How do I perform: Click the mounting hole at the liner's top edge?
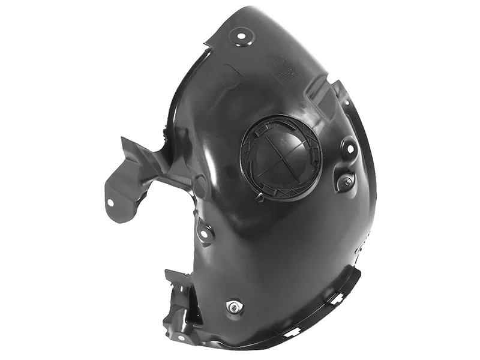[242, 37]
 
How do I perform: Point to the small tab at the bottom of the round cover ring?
[259, 196]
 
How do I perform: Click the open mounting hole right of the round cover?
[348, 147]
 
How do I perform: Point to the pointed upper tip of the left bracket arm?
[124, 140]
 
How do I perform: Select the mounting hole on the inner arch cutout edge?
[205, 232]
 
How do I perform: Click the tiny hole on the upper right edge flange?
[347, 102]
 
